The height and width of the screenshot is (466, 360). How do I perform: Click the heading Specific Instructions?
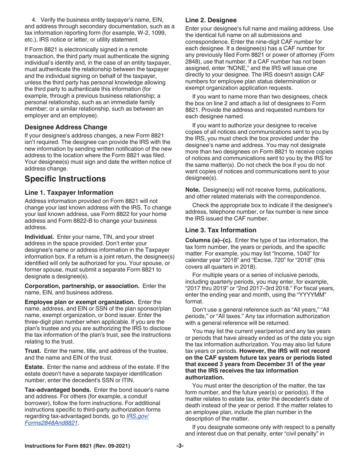point(63,178)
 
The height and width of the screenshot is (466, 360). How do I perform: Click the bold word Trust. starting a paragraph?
point(33,351)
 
